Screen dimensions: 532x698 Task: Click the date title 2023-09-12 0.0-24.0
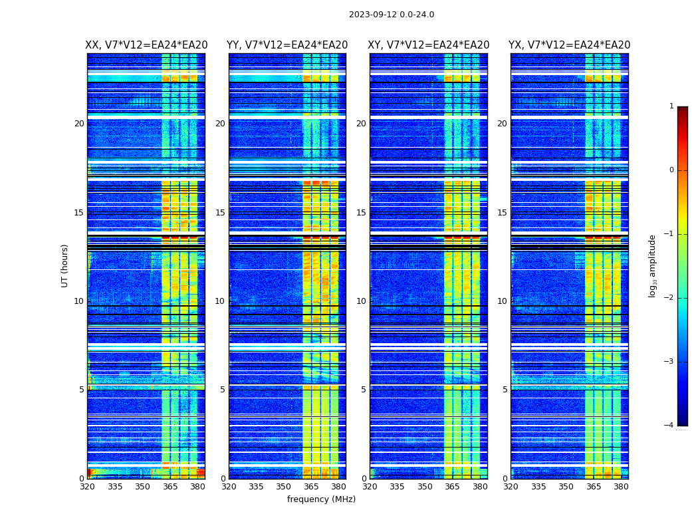[392, 15]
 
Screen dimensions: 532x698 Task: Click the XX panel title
[146, 45]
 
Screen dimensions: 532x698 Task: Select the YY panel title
[287, 45]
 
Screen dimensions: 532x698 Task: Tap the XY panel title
[429, 45]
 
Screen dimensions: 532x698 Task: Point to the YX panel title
[570, 45]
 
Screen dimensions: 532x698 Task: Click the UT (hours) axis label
[65, 265]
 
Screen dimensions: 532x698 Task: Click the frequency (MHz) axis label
[321, 499]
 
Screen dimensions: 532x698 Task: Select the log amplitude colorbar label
[653, 265]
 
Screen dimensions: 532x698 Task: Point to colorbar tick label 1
[671, 106]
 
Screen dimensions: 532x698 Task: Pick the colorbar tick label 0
[671, 170]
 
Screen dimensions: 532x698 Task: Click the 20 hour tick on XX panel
[79, 124]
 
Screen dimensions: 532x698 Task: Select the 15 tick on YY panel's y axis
[220, 213]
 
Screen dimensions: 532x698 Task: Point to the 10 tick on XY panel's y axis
[361, 301]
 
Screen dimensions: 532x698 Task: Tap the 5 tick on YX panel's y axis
[505, 390]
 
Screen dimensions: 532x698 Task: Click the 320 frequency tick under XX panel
[87, 487]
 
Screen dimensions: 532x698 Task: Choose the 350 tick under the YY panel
[284, 487]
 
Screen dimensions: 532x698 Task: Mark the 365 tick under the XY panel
[452, 487]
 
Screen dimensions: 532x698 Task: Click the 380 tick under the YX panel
[621, 487]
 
